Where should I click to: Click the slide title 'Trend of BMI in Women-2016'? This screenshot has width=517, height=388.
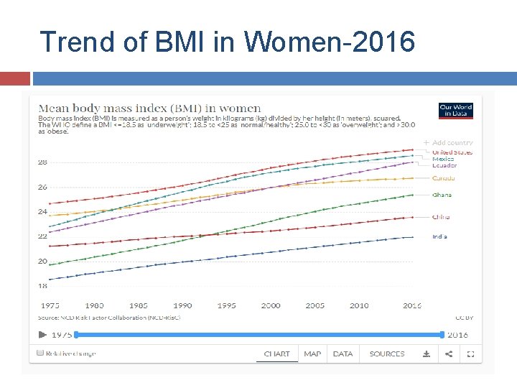pyautogui.click(x=227, y=42)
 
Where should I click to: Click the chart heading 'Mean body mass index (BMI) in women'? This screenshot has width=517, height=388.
pyautogui.click(x=149, y=108)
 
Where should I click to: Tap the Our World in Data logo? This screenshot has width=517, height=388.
pyautogui.click(x=456, y=111)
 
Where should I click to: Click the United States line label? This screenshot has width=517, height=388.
pyautogui.click(x=452, y=152)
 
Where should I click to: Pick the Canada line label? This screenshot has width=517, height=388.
pyautogui.click(x=443, y=178)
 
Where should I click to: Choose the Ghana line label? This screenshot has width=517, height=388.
pyautogui.click(x=442, y=195)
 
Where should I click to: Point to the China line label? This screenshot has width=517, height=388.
pyautogui.click(x=441, y=216)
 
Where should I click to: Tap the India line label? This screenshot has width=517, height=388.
pyautogui.click(x=439, y=236)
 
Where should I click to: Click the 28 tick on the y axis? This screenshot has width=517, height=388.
pyautogui.click(x=42, y=162)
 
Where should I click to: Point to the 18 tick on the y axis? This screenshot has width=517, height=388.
pyautogui.click(x=42, y=286)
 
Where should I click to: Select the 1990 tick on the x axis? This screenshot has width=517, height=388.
pyautogui.click(x=182, y=305)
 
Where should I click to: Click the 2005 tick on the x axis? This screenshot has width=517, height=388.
pyautogui.click(x=315, y=305)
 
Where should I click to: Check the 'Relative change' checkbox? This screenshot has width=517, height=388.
pyautogui.click(x=41, y=354)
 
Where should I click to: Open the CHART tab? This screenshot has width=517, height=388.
pyautogui.click(x=277, y=354)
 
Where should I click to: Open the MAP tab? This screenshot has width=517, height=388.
pyautogui.click(x=312, y=354)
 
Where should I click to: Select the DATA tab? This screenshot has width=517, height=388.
pyautogui.click(x=343, y=354)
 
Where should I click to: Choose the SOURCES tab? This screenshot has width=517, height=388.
pyautogui.click(x=387, y=354)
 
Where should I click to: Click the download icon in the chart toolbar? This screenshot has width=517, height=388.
pyautogui.click(x=426, y=354)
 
